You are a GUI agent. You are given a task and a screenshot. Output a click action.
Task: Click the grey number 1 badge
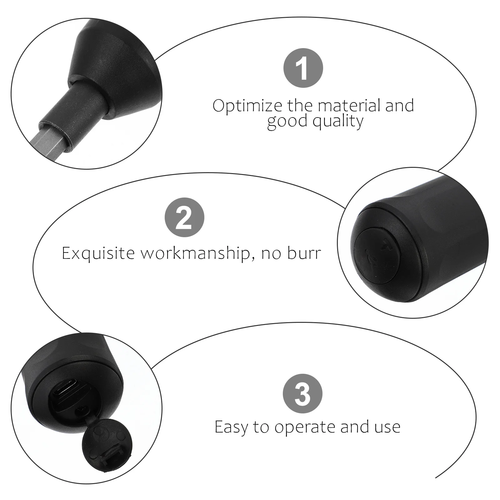coord(303,68)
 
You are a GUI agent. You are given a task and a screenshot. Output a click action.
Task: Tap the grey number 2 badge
coord(184,217)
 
